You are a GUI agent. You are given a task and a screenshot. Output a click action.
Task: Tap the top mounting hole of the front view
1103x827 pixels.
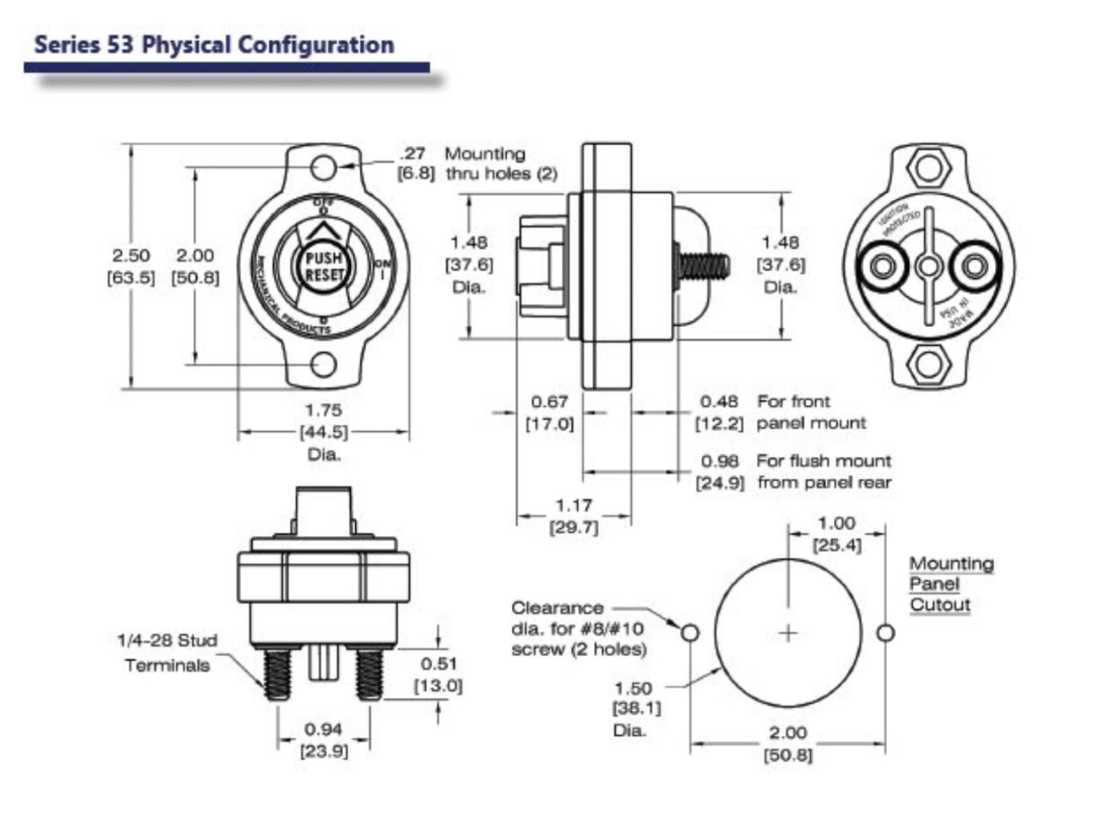(x=323, y=166)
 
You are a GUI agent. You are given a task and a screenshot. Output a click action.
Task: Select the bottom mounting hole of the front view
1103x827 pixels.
(x=324, y=365)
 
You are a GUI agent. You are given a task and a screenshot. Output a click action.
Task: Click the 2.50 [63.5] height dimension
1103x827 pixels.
(x=131, y=266)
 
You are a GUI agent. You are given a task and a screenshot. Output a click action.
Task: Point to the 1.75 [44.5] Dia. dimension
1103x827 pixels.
(x=323, y=431)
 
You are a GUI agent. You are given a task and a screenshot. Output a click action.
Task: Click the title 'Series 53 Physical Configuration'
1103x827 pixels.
(x=214, y=44)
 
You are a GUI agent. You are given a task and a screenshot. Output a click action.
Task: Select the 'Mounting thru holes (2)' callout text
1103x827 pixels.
(x=500, y=163)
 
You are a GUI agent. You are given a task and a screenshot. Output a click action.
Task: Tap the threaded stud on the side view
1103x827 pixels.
(x=704, y=266)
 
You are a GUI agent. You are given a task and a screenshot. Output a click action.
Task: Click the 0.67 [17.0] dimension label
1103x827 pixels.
(x=549, y=412)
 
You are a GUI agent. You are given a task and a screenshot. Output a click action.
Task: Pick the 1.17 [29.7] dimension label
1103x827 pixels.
(x=574, y=515)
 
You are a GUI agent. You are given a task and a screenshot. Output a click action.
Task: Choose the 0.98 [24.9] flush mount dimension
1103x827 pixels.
(x=720, y=471)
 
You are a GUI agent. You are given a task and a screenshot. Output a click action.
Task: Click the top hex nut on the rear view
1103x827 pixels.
(x=928, y=166)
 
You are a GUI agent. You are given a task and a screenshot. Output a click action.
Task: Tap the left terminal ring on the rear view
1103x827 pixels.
(x=883, y=266)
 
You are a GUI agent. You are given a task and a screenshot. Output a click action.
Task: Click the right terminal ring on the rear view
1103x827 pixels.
(x=974, y=266)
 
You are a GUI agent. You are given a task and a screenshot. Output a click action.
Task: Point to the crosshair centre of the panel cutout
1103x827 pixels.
(x=788, y=632)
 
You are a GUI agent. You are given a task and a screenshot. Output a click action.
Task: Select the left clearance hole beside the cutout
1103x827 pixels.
(x=690, y=632)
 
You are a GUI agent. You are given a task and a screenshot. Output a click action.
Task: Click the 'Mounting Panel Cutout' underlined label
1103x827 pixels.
(x=950, y=584)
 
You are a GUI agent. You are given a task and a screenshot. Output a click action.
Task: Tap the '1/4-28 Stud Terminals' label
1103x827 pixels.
(x=168, y=652)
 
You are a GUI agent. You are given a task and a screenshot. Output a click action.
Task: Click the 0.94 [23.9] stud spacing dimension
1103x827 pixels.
(x=323, y=740)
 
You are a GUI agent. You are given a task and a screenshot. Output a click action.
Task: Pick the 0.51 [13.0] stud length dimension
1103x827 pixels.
(x=438, y=673)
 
